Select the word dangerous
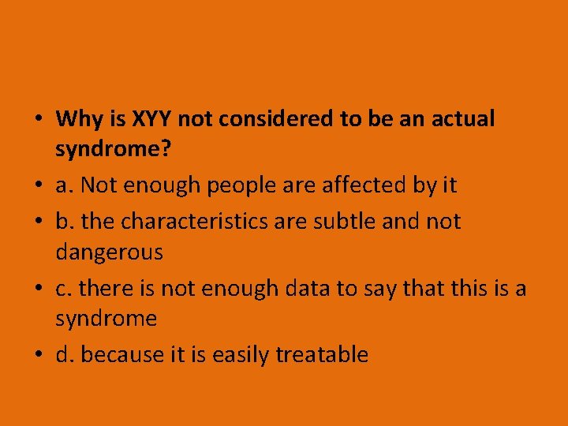pos(110,252)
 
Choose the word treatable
pos(322,355)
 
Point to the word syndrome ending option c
pos(106,319)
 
